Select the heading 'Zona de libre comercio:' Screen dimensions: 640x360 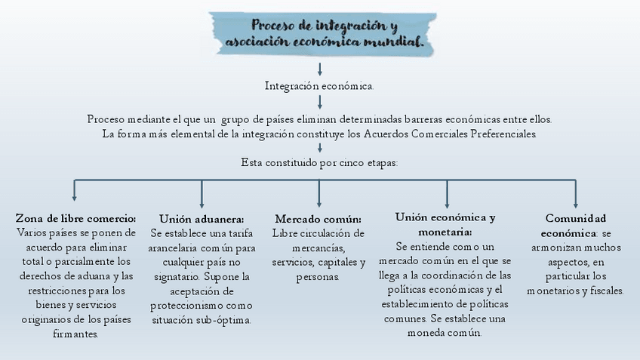pyautogui.click(x=75, y=218)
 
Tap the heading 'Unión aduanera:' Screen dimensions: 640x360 pyautogui.click(x=202, y=219)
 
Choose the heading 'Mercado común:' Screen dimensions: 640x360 pyautogui.click(x=318, y=219)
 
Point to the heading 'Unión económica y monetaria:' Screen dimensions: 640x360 pyautogui.click(x=445, y=224)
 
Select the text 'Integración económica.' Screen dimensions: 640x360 pyautogui.click(x=319, y=86)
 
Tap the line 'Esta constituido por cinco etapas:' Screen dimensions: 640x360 pyautogui.click(x=319, y=162)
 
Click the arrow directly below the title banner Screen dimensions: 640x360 pyautogui.click(x=320, y=69)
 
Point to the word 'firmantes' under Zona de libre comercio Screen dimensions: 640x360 pyautogui.click(x=75, y=334)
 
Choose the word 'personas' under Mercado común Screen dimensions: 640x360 pyautogui.click(x=317, y=277)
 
